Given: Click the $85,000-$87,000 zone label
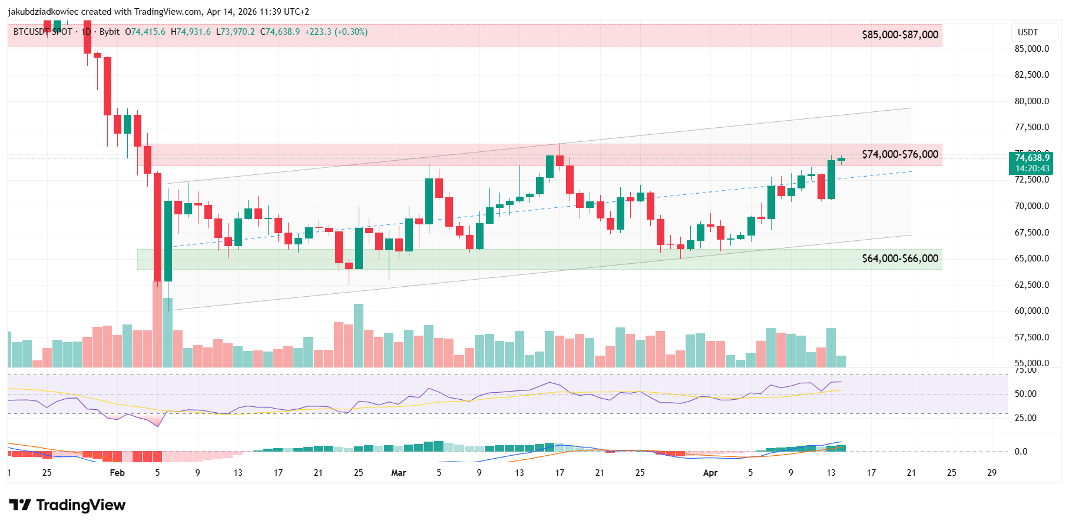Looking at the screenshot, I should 899,35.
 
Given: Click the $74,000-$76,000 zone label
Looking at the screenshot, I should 899,154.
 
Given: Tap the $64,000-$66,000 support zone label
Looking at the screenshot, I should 899,258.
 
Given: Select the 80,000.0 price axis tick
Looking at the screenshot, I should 1031,101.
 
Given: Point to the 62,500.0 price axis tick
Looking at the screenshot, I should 1031,285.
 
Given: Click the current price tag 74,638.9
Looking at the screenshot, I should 1032,158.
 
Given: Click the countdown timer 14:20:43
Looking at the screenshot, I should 1032,168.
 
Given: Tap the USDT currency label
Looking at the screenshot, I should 1028,32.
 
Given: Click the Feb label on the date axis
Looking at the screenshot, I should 117,473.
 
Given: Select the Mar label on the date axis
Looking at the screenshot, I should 399,473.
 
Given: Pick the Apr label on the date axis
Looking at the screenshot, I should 710,473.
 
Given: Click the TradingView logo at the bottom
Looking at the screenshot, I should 67,505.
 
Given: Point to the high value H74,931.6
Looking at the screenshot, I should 190,32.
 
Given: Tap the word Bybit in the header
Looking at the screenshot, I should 110,32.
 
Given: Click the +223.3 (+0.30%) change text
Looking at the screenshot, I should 336,32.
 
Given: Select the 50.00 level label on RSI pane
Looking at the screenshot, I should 1025,394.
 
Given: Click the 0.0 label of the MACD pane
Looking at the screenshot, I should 1021,452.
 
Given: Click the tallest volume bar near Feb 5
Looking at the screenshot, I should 157,324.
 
